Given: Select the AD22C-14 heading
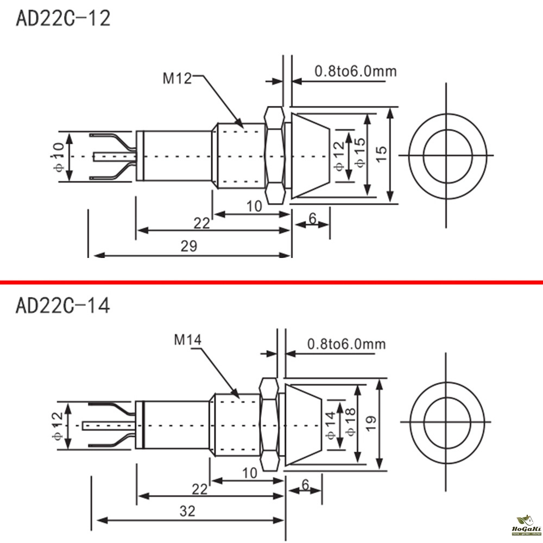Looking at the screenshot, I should [63, 306].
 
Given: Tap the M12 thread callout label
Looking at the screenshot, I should [178, 79].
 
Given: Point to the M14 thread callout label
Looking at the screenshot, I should [188, 340].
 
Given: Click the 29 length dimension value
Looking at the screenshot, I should [189, 245].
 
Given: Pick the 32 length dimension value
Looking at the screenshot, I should [189, 510].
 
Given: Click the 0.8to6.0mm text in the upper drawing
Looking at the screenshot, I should [355, 71].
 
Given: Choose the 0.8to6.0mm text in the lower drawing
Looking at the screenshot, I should [346, 344].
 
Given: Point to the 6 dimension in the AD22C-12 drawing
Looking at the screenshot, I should [312, 218].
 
